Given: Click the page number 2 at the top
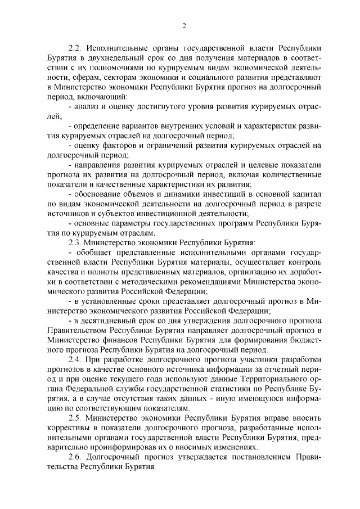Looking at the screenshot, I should pos(184,24).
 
